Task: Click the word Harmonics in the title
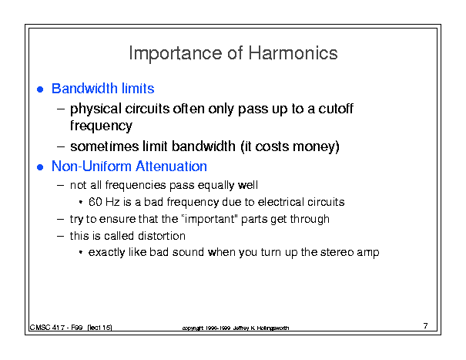click(293, 53)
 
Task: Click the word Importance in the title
click(176, 54)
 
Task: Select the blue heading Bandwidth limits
click(103, 89)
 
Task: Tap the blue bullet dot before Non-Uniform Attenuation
click(40, 167)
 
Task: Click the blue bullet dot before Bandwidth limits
click(40, 89)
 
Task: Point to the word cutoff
click(336, 108)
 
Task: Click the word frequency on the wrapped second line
click(101, 126)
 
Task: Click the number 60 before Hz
click(95, 202)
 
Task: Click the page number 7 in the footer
click(426, 326)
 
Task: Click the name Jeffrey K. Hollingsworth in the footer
click(261, 328)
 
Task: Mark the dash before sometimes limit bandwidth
click(61, 147)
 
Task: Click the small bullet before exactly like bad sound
click(81, 253)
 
